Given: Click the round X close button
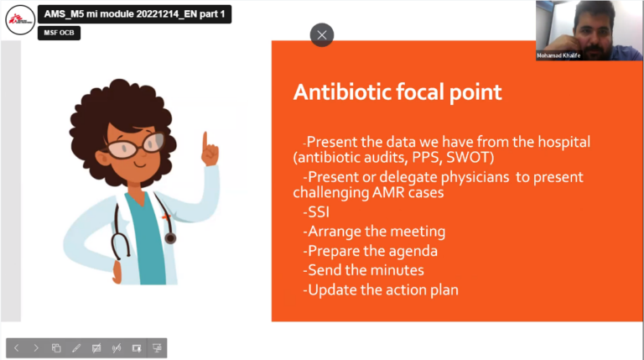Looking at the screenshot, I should pyautogui.click(x=322, y=34).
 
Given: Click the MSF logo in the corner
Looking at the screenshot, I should pyautogui.click(x=20, y=20).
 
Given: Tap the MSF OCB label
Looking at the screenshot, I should pyautogui.click(x=59, y=33).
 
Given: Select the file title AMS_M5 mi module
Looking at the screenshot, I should pyautogui.click(x=135, y=14).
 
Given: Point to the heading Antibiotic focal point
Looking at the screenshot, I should pyautogui.click(x=397, y=92).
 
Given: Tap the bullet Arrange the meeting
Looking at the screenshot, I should pyautogui.click(x=375, y=232).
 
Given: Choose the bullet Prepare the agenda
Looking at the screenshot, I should pyautogui.click(x=371, y=251).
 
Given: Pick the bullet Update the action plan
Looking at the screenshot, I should pyautogui.click(x=382, y=290).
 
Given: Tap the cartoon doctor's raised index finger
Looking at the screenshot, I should pyautogui.click(x=205, y=137).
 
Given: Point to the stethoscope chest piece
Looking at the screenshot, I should pyautogui.click(x=171, y=238).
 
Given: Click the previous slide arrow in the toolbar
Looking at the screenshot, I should pyautogui.click(x=17, y=347).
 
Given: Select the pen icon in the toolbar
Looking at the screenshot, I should pyautogui.click(x=75, y=347).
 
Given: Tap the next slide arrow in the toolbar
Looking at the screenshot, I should pyautogui.click(x=36, y=347).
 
